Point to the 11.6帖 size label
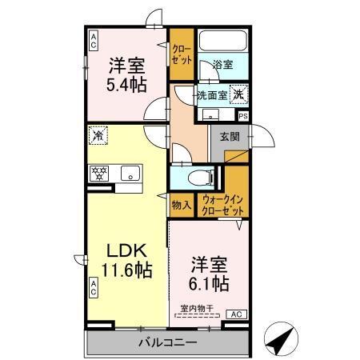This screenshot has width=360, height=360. [x=121, y=271]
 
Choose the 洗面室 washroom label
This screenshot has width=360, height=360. [x=213, y=94]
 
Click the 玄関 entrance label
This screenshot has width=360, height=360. [x=230, y=136]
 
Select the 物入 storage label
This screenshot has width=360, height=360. [x=180, y=206]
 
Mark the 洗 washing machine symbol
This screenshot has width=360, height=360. [x=238, y=94]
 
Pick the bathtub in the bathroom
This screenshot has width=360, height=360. [x=223, y=43]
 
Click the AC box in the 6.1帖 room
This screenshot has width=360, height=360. [x=236, y=314]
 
